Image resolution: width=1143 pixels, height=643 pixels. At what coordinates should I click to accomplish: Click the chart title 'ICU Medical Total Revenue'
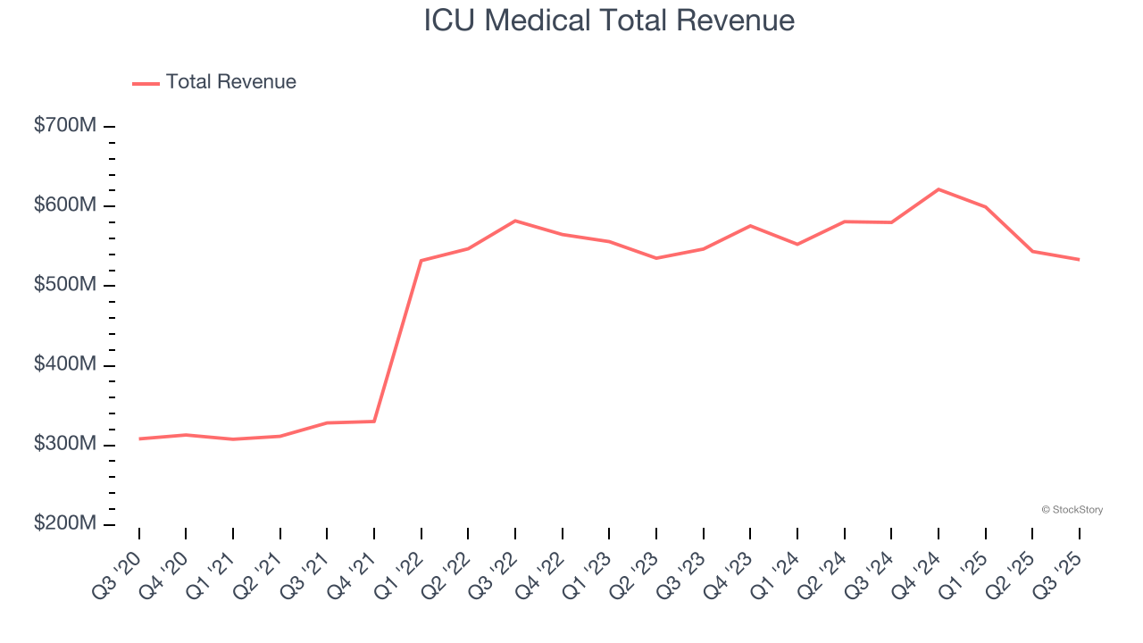click(609, 20)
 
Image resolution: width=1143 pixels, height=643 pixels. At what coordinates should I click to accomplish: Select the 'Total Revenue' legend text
click(230, 82)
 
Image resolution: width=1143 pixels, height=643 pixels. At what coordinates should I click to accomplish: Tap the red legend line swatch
click(146, 83)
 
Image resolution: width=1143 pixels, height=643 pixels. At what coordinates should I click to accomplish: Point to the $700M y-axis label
click(65, 126)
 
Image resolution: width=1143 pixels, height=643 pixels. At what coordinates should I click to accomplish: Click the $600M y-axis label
click(65, 205)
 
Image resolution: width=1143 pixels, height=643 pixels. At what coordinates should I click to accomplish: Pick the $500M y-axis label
click(65, 285)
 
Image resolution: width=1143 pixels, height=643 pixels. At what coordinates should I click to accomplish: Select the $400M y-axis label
click(65, 364)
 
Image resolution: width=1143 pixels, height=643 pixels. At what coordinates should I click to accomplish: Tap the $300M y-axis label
click(65, 444)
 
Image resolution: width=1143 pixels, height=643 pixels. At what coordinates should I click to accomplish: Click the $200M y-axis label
click(65, 523)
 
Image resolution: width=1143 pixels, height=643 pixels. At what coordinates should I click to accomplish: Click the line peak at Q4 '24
click(939, 189)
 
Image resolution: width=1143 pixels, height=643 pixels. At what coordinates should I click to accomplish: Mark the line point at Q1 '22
click(421, 261)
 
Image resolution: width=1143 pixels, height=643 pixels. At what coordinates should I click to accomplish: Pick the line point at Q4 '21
click(374, 421)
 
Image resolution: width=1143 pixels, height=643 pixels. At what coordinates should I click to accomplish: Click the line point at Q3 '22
click(515, 221)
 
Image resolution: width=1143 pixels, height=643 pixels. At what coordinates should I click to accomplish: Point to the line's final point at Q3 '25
click(1079, 259)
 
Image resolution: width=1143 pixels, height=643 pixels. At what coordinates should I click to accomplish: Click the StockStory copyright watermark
click(1072, 510)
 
